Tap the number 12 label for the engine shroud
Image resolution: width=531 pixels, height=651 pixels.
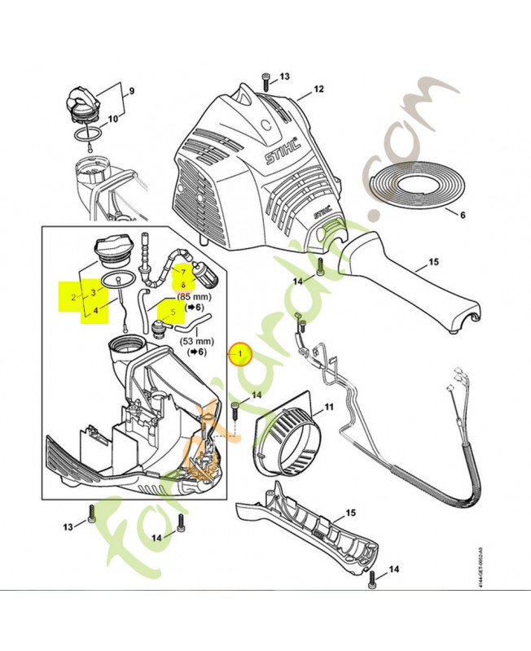pos(318,89)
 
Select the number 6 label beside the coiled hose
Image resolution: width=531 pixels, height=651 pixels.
pos(462,216)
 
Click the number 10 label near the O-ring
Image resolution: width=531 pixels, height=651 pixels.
pos(112,120)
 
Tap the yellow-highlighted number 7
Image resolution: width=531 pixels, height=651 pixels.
pos(183,272)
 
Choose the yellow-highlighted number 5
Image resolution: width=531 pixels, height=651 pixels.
pos(172,310)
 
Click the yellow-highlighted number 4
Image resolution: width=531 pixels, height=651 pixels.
pos(98,309)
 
